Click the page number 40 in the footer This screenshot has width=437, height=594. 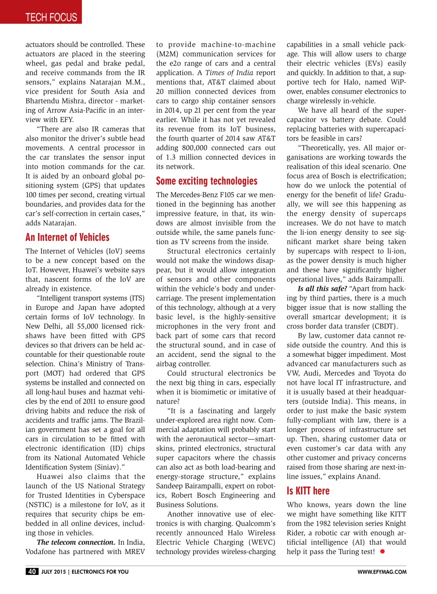(32, 572)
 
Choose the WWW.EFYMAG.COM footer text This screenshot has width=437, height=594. (382, 572)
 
